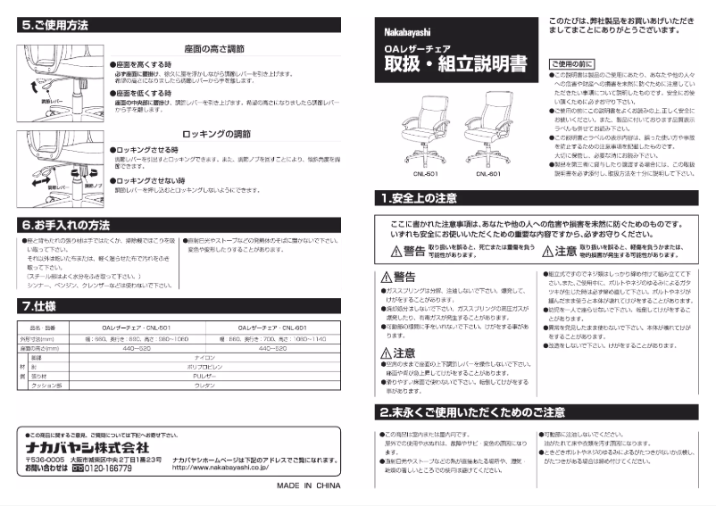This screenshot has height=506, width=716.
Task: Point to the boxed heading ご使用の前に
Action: coord(571,63)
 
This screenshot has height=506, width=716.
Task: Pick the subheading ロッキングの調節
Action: coord(214,133)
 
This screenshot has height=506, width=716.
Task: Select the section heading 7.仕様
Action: coord(39,306)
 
